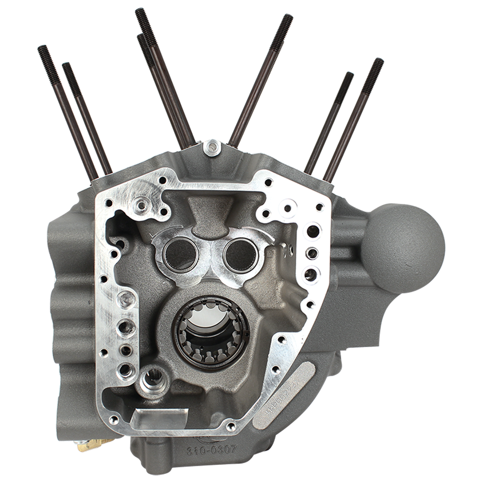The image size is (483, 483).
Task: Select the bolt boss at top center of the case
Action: click(213, 147)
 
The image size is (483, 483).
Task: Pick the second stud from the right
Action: click(330, 121)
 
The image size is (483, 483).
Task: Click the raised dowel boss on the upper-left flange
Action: click(141, 205)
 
